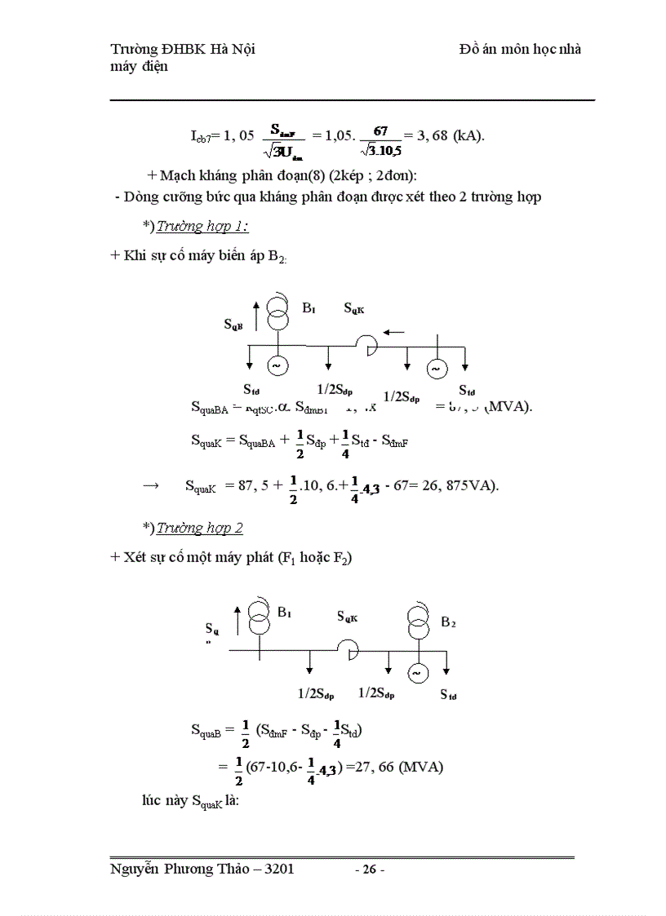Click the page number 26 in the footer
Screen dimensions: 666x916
point(370,870)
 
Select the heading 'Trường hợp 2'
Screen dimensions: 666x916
point(200,528)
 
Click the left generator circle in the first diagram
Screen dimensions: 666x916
point(276,366)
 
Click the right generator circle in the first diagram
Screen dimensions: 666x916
point(435,369)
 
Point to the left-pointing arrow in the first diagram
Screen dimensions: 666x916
point(393,332)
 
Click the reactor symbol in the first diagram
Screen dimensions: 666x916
point(368,346)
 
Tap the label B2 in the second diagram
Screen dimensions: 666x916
point(448,622)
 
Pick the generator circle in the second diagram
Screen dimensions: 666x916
point(417,673)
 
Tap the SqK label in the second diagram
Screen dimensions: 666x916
point(347,617)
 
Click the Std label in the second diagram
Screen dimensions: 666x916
point(448,694)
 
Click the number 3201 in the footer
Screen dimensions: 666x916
point(277,870)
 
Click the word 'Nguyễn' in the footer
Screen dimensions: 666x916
point(134,870)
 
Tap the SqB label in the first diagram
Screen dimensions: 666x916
point(233,324)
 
